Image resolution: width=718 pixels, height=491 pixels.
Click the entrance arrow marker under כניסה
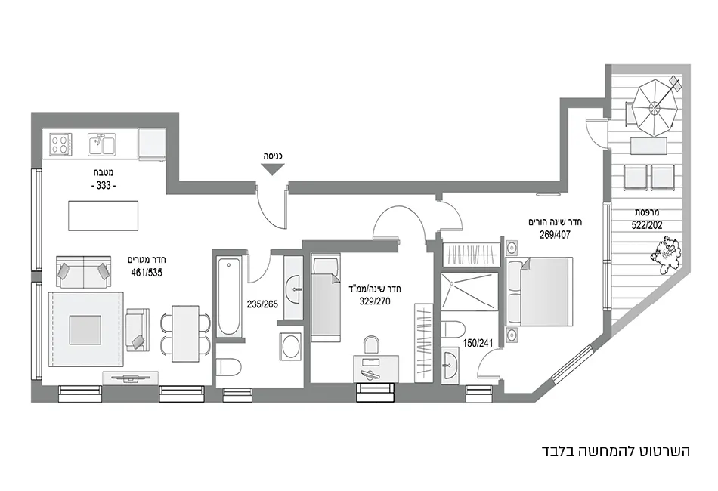(272, 170)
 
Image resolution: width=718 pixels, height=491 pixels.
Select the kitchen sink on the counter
(101, 143)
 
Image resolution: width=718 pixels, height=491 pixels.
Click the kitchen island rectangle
(103, 215)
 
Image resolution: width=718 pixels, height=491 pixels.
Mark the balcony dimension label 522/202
(648, 224)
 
